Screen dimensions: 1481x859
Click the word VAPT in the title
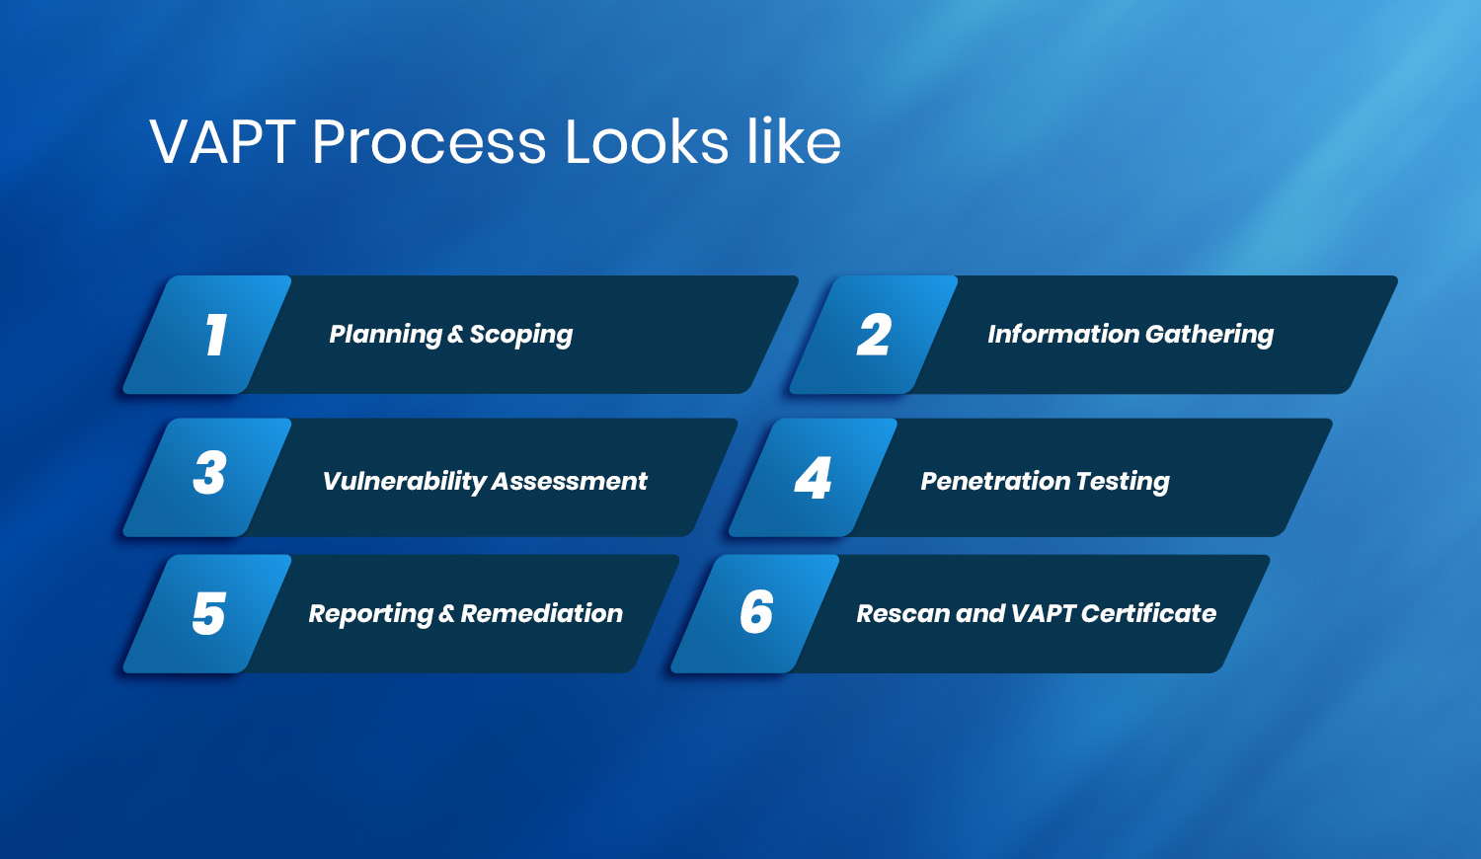point(222,142)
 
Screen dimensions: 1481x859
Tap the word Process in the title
point(429,142)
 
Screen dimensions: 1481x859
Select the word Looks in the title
point(646,141)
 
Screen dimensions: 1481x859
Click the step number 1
point(215,335)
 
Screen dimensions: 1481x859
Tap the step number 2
point(874,335)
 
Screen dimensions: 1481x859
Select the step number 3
point(210,473)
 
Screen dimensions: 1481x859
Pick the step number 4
point(813,477)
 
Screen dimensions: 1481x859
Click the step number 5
point(209,614)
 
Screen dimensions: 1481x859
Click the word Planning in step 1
point(385,336)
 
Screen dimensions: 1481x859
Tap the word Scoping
point(521,336)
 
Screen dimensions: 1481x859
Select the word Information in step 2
point(1063,335)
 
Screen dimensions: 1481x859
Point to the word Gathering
point(1209,336)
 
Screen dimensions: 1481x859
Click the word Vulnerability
point(404,482)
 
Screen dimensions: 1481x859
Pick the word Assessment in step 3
point(570,482)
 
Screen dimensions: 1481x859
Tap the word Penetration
point(994,482)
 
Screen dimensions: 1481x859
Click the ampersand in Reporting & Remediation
point(446,614)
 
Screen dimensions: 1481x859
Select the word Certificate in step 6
point(1148,614)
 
